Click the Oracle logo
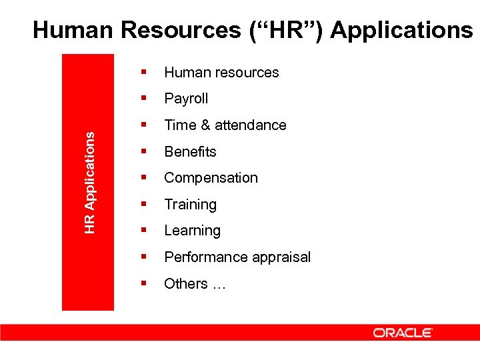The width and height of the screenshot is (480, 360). point(403,333)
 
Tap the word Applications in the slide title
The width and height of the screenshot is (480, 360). point(401,30)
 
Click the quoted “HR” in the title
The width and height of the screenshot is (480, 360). point(291,30)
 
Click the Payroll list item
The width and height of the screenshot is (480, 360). point(186,99)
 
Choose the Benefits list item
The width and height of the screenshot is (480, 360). point(190,151)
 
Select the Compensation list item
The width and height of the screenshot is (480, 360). point(211,178)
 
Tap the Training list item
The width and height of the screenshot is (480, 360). point(190,205)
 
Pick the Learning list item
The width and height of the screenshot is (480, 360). point(192,231)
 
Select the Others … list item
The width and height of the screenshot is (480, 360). point(195,284)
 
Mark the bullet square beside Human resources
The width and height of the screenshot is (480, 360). point(143,72)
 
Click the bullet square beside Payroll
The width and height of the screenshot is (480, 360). point(143,98)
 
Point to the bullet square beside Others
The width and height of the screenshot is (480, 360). point(143,283)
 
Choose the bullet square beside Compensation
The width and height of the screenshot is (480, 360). point(143,177)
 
